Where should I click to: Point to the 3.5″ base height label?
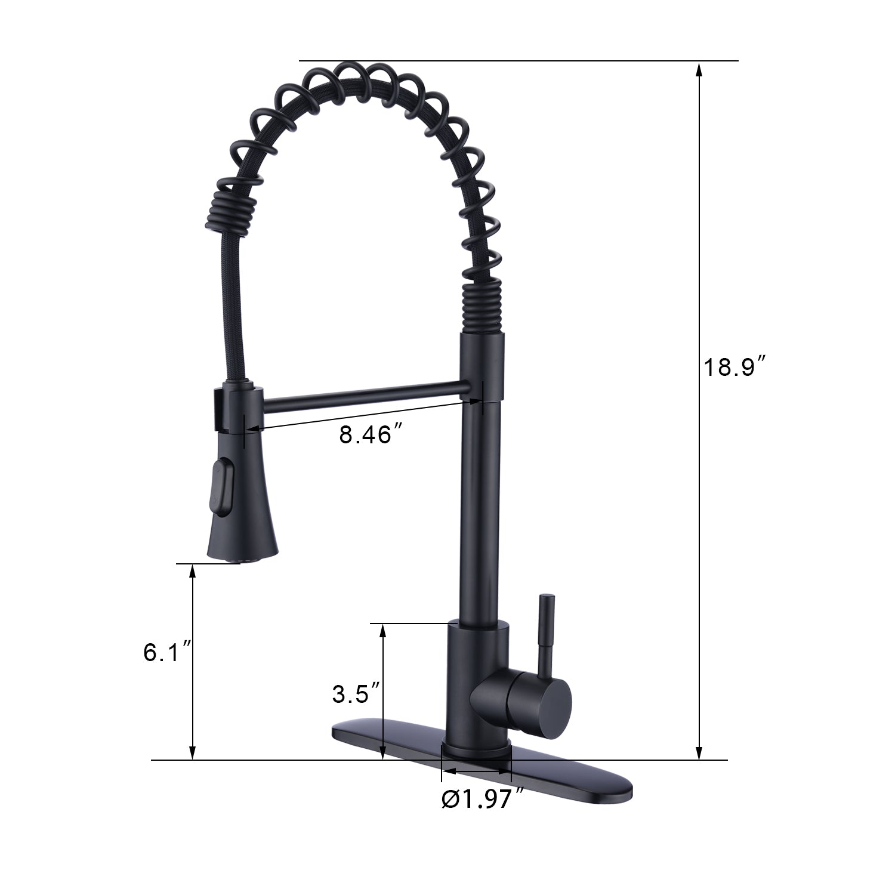tap(356, 693)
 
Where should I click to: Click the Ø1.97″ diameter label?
tap(483, 800)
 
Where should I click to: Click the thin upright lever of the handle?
tap(546, 632)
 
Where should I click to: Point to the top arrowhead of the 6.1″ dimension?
tap(192, 570)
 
